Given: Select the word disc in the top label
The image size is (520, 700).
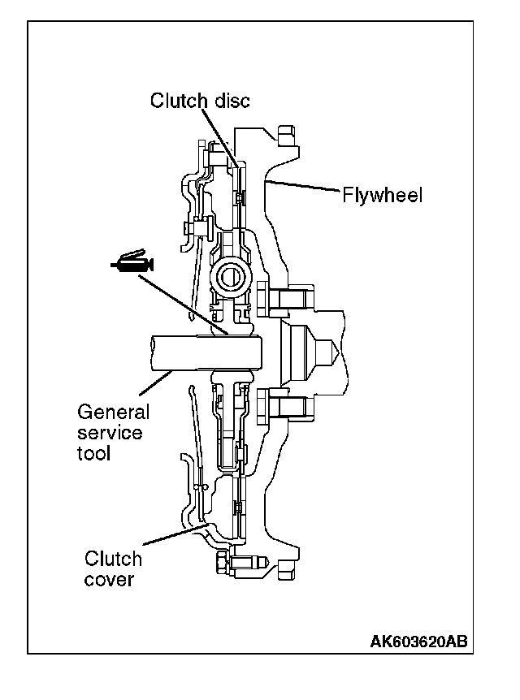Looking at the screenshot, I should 230,101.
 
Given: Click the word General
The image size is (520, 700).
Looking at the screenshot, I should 114,413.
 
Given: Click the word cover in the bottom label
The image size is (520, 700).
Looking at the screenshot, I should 108,580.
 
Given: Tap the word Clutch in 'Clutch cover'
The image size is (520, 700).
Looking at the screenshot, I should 113,560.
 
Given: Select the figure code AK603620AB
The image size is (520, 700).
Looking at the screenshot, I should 418,642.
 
